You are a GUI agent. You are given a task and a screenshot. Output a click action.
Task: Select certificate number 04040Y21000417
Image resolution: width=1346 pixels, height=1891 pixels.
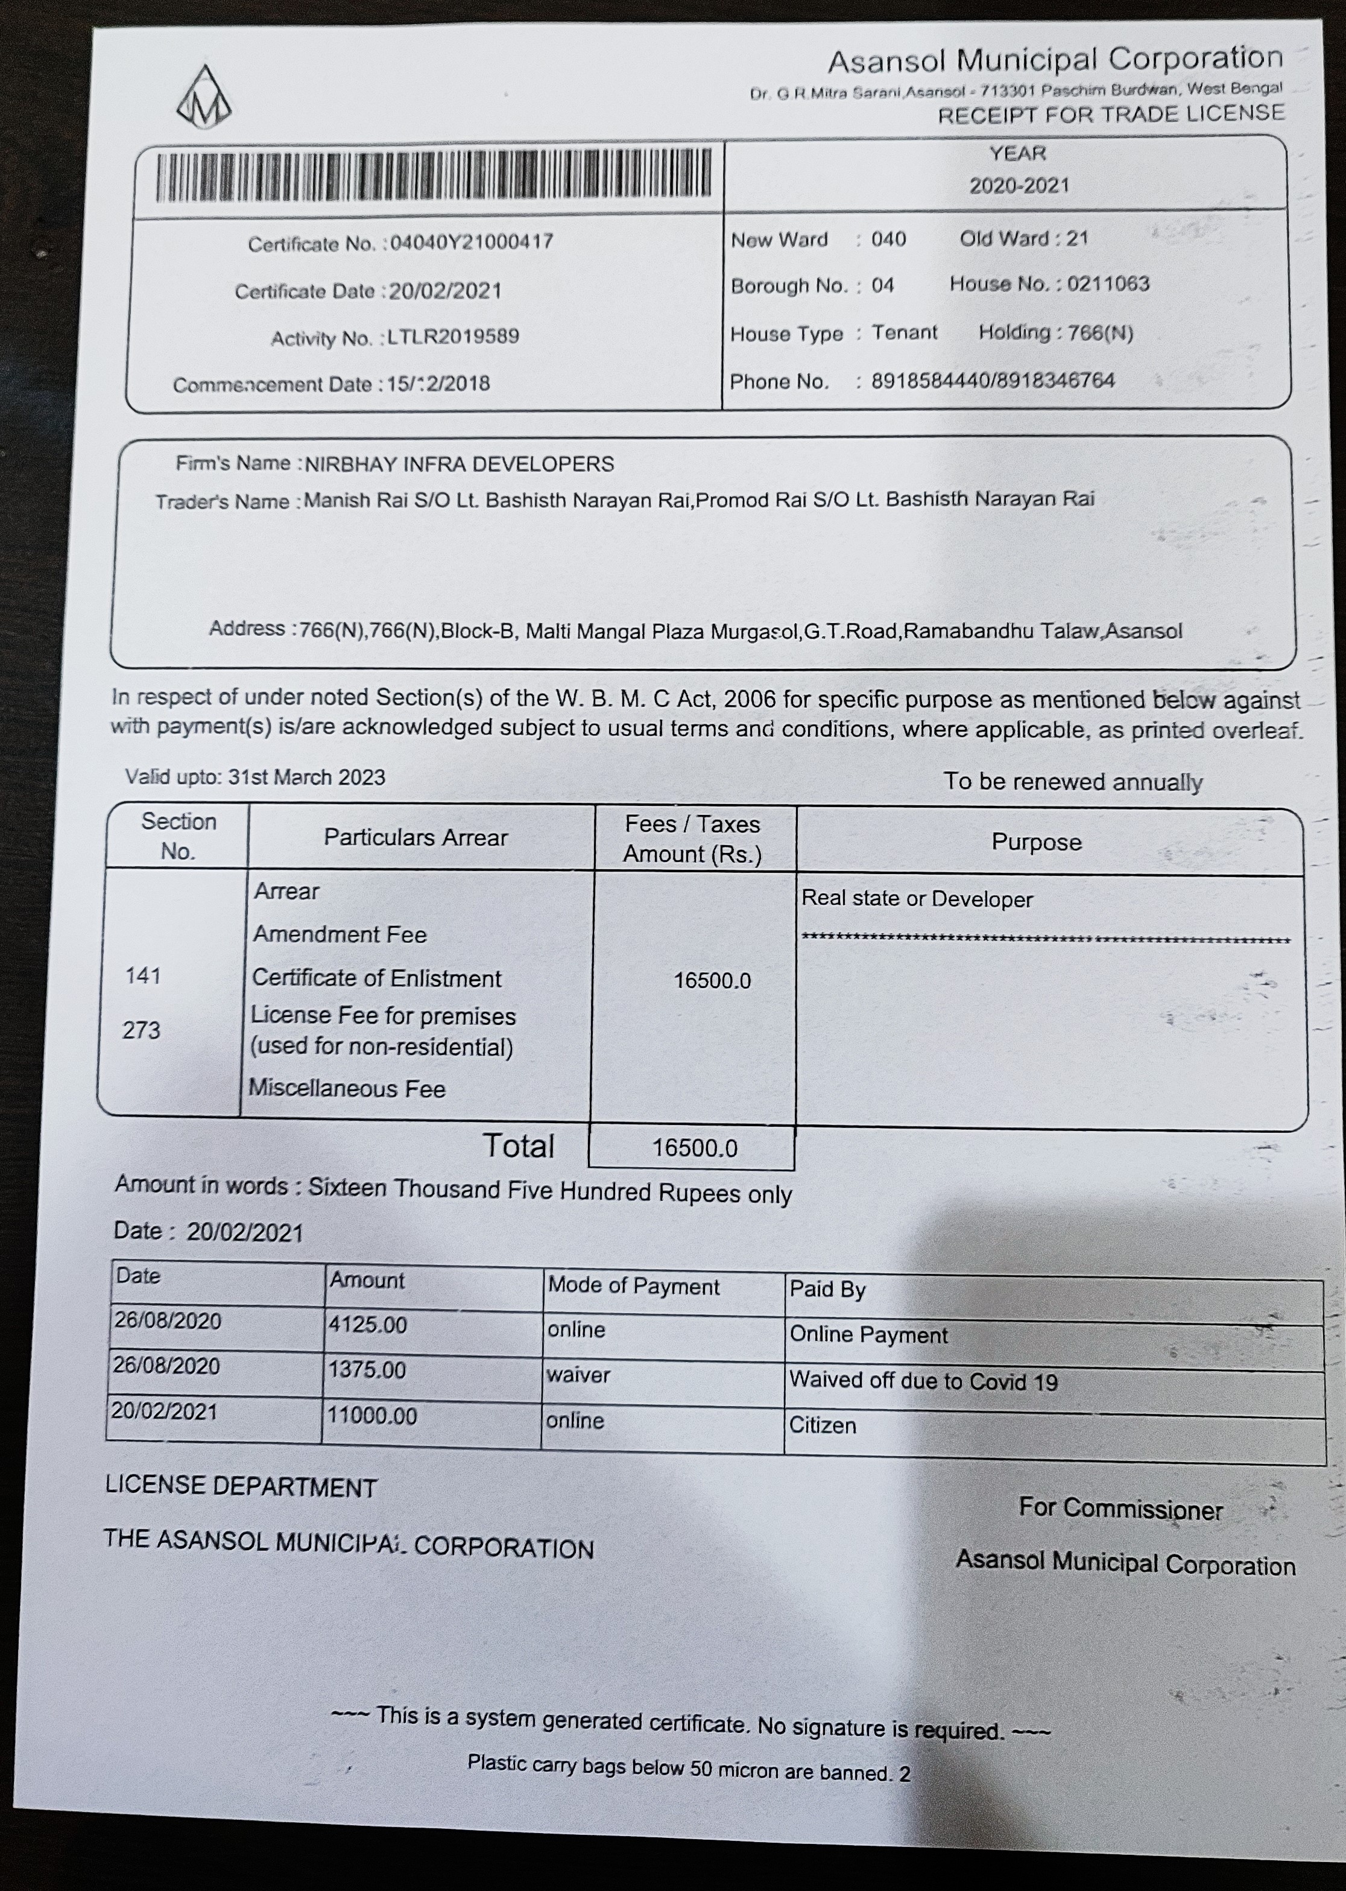click(x=471, y=242)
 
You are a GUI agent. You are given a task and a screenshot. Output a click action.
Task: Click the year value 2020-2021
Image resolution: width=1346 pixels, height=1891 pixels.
click(x=1019, y=185)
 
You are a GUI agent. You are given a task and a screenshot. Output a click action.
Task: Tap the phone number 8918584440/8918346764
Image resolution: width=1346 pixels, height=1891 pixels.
click(x=992, y=381)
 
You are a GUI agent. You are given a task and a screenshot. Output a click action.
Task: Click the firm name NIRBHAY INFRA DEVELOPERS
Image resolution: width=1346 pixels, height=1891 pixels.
click(x=459, y=464)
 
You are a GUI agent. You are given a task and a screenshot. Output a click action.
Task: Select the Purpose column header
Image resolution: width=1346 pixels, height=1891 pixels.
click(x=1036, y=842)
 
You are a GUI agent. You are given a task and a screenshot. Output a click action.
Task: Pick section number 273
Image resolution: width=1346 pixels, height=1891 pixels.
click(x=141, y=1030)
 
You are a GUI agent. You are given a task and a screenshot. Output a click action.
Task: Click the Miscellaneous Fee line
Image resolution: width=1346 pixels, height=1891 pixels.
click(x=347, y=1089)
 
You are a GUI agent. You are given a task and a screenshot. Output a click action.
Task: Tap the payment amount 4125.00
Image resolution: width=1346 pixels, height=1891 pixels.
click(x=367, y=1325)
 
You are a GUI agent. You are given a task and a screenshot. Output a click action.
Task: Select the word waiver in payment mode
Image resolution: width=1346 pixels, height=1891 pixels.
click(x=578, y=1375)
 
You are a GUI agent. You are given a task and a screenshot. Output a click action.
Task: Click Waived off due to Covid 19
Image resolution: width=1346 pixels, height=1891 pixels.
click(x=923, y=1381)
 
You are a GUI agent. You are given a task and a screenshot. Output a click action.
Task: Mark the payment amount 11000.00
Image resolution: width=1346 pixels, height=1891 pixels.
click(x=371, y=1415)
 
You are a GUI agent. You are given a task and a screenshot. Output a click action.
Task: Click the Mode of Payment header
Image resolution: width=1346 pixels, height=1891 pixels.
click(x=633, y=1287)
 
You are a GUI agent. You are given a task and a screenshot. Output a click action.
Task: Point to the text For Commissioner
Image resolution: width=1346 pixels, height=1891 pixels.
click(x=1120, y=1509)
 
